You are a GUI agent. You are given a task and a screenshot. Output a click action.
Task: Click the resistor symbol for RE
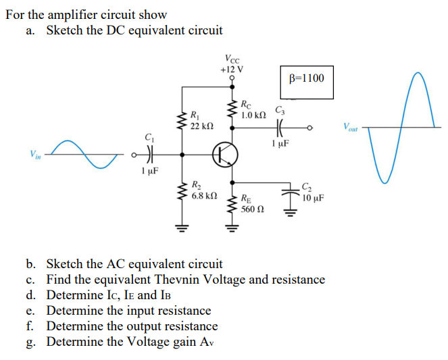click(x=233, y=205)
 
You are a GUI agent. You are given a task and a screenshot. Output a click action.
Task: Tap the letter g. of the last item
click(x=31, y=342)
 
